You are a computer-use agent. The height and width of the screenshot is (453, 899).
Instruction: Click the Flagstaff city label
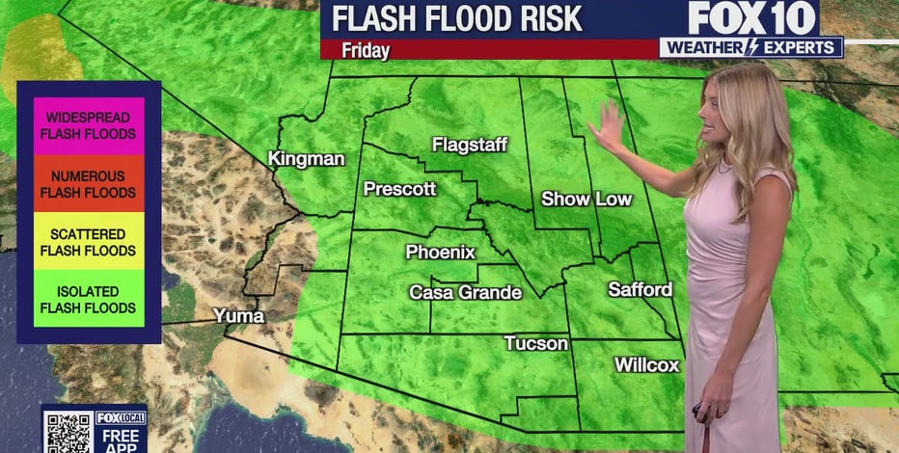point(470,145)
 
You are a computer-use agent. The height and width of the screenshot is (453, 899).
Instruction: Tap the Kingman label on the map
point(306,158)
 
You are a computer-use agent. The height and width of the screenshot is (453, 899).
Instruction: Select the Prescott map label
point(399,189)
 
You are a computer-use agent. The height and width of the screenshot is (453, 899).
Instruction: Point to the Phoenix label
point(440,252)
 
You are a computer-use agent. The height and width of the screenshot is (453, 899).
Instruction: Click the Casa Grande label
point(465,292)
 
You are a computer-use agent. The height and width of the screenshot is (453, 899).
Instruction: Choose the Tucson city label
point(535,343)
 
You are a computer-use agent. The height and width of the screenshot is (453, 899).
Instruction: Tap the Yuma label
point(238,315)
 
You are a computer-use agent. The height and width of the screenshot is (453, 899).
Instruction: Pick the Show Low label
point(586,200)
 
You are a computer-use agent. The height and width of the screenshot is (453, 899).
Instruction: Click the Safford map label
point(640,289)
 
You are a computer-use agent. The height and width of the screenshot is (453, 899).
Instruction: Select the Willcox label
point(646,365)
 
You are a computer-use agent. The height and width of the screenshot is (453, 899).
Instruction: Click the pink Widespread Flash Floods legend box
point(88,126)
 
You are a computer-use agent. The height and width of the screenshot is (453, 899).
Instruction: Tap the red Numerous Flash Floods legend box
point(88,184)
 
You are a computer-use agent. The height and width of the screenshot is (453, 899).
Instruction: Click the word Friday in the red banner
point(366,50)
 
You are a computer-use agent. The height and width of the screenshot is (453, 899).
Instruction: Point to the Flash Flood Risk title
point(457,18)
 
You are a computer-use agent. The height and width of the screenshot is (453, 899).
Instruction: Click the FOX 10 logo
point(752,18)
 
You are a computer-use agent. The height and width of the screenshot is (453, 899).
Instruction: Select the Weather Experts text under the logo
point(751,47)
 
